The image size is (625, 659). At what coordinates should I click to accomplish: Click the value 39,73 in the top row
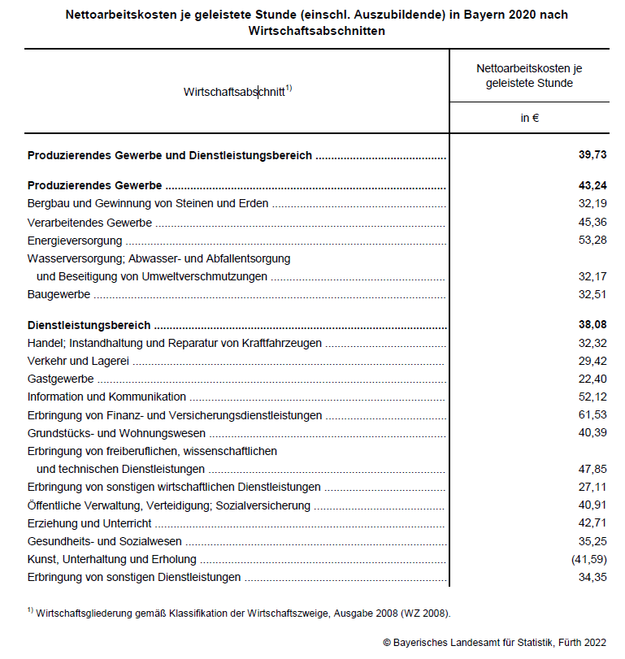pos(592,155)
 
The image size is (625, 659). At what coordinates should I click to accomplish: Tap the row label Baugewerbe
pos(59,294)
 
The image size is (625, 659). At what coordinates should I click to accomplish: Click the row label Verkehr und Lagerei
pos(79,361)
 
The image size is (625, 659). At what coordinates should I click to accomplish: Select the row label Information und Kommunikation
pos(106,397)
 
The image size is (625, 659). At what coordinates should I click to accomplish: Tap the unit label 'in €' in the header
pos(530,118)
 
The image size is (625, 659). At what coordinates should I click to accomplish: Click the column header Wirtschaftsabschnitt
pos(235,92)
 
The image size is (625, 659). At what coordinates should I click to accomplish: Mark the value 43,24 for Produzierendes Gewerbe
pos(592,186)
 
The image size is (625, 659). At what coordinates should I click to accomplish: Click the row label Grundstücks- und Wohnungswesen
pos(116,433)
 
